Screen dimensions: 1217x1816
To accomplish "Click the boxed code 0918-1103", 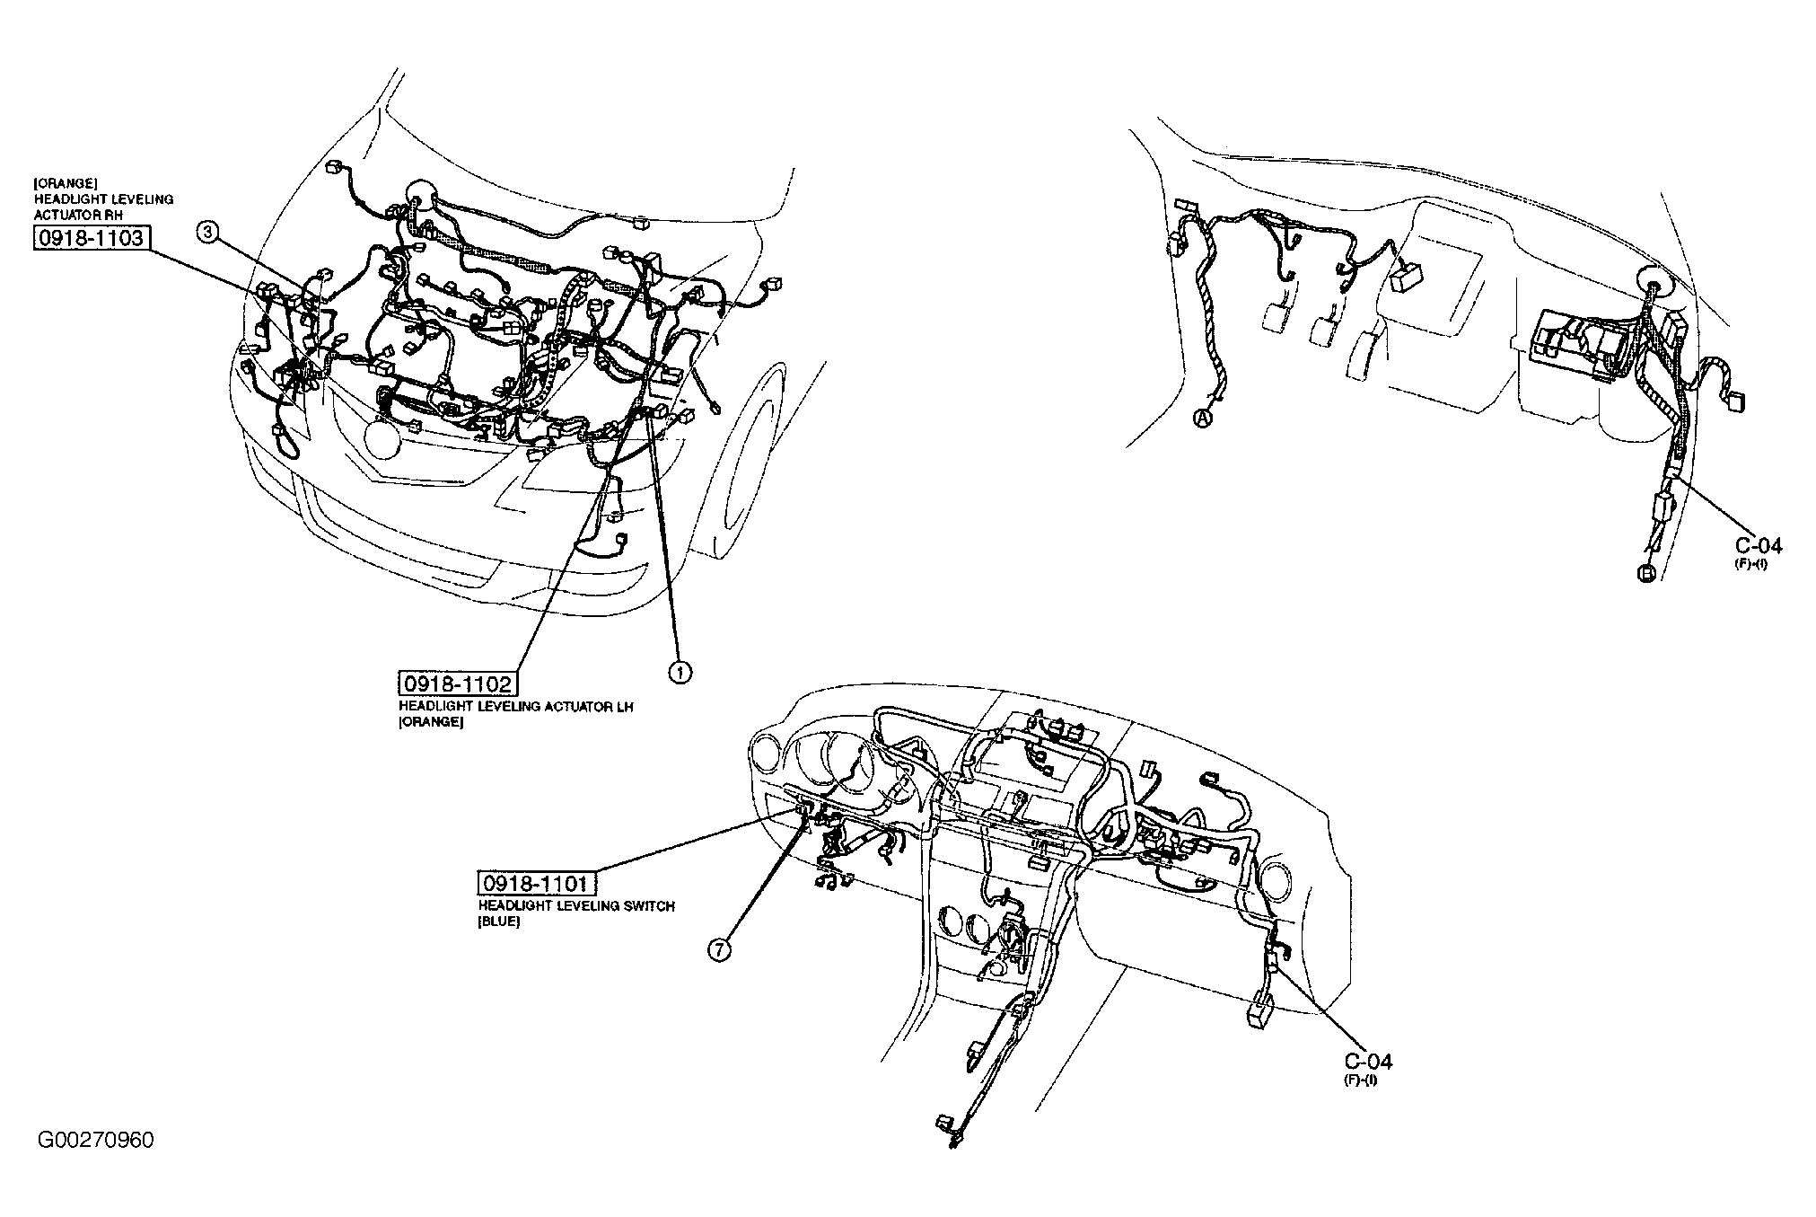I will pos(90,238).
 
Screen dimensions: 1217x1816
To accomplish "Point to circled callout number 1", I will pos(680,673).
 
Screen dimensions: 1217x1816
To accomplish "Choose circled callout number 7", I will pos(720,951).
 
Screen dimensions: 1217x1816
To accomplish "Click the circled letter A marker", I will pos(1203,418).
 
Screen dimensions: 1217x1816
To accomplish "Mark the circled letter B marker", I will pos(1645,573).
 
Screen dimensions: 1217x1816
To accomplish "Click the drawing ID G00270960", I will pos(96,1141).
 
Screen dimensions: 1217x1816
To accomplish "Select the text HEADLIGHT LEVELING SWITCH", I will pos(575,906).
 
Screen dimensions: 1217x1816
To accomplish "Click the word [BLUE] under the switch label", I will pos(499,922).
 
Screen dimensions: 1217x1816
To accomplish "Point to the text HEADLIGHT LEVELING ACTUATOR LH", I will pos(516,707).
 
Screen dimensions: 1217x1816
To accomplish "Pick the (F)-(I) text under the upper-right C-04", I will pos(1750,563).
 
